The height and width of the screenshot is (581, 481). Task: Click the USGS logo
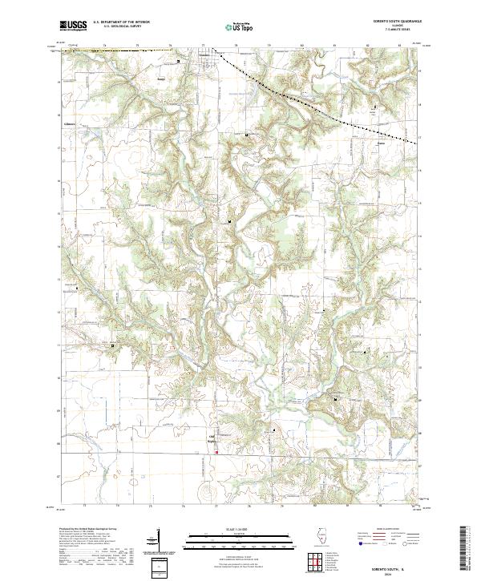(73, 26)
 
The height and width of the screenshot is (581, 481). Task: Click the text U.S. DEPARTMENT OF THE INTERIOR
(120, 22)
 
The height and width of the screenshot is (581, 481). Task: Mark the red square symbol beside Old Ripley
(216, 452)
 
